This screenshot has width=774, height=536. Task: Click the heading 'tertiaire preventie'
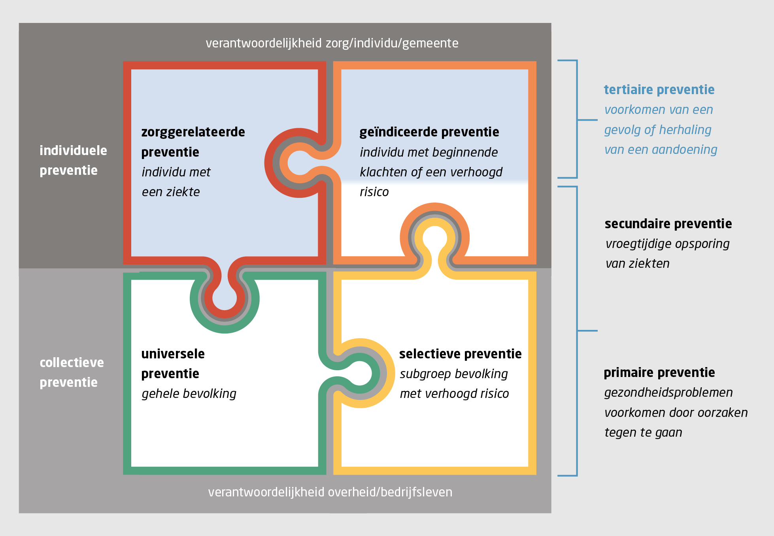click(x=659, y=90)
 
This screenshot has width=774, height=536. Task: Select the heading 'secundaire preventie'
click(x=668, y=224)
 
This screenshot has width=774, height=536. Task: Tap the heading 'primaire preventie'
click(x=659, y=373)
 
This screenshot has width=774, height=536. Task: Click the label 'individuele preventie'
click(x=73, y=160)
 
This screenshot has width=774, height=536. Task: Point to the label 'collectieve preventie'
click(x=72, y=372)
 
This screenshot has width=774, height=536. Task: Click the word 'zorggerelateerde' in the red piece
click(x=193, y=132)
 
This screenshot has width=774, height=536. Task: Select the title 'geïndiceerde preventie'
click(x=429, y=132)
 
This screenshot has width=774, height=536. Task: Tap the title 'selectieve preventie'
click(x=460, y=354)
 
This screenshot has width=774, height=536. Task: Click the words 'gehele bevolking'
click(x=189, y=394)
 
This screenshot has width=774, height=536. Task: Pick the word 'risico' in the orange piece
click(x=374, y=192)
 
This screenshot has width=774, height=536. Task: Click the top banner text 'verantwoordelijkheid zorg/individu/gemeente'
click(x=332, y=43)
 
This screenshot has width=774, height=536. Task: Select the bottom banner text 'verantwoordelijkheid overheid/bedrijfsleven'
click(x=330, y=492)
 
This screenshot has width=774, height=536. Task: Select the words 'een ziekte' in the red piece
click(x=171, y=192)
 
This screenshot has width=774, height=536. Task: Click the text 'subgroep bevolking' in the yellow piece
click(x=454, y=374)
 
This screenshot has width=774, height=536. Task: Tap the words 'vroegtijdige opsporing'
click(x=667, y=244)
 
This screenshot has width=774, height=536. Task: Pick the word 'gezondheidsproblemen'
click(x=668, y=392)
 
